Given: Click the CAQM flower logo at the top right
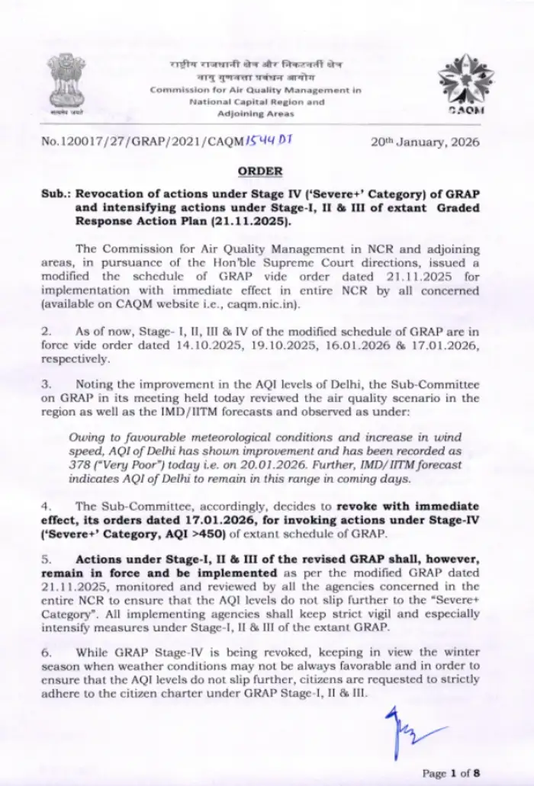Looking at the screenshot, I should point(464,84).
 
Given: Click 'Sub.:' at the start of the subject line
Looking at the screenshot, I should point(55,194).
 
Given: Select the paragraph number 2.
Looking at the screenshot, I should point(44,331).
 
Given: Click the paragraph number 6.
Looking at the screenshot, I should point(44,653).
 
